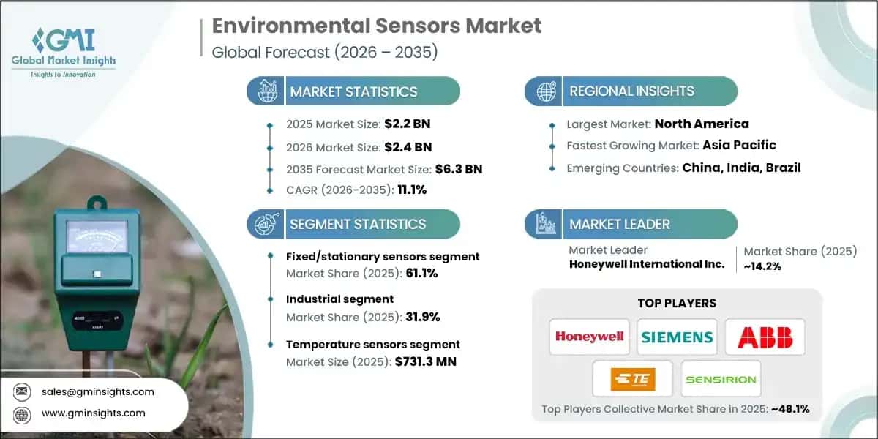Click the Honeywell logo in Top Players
tap(589, 337)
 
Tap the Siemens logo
tap(677, 337)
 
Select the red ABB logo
tap(765, 337)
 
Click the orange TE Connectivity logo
tap(633, 379)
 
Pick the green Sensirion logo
tap(721, 379)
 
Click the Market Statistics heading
tap(353, 91)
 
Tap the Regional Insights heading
tap(631, 91)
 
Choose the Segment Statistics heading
tap(358, 224)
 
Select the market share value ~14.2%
tap(763, 266)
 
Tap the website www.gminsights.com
tap(94, 413)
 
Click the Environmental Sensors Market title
tap(377, 26)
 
